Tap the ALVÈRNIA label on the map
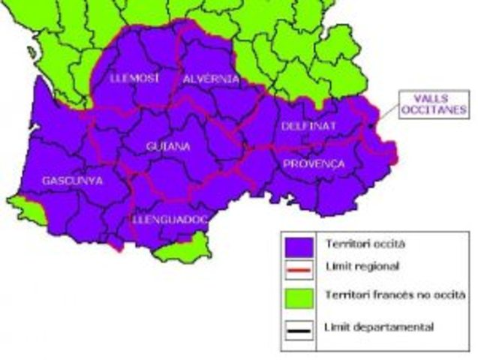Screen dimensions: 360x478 (x=211, y=79)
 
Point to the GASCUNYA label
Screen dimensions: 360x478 (x=74, y=181)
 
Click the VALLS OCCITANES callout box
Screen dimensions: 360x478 (x=432, y=103)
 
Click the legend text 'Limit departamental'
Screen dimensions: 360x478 (x=368, y=327)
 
